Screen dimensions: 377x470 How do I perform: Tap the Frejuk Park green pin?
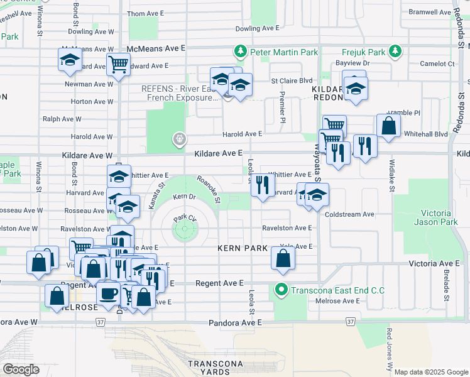(x=395, y=51)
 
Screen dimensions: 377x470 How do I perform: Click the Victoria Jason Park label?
(x=438, y=217)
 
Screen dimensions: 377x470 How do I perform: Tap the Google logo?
(x=21, y=369)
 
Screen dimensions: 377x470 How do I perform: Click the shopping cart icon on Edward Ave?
(x=118, y=64)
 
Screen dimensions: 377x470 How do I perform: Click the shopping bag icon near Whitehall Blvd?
(x=389, y=125)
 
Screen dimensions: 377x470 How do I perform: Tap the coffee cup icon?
(x=108, y=293)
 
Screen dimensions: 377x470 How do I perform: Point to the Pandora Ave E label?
(x=235, y=322)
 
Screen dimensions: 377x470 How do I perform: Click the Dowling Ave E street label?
(x=257, y=28)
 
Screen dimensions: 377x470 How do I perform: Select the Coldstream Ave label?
(x=349, y=214)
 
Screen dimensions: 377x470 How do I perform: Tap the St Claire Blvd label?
(x=292, y=81)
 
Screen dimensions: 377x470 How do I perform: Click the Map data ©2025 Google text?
(x=431, y=372)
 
